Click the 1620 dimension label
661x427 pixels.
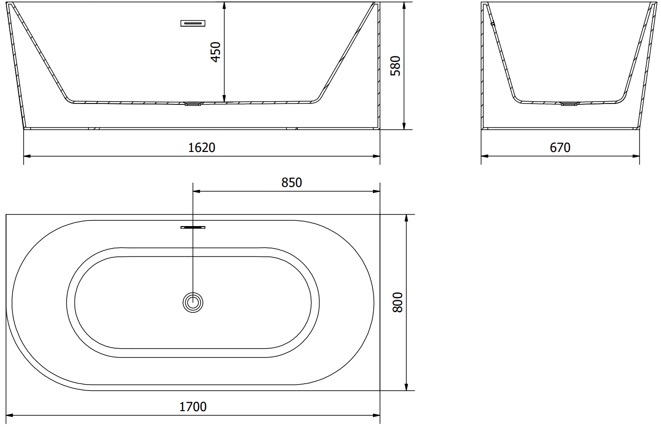point(202,147)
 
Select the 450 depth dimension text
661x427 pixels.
point(216,52)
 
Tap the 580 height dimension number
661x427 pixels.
point(395,66)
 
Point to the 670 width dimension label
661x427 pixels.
point(560,147)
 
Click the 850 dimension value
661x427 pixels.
point(291,183)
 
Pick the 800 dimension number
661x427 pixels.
point(398,302)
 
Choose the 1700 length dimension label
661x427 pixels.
point(193,407)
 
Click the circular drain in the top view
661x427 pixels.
point(193,302)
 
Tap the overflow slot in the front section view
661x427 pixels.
point(193,23)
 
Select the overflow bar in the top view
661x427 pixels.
point(193,227)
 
